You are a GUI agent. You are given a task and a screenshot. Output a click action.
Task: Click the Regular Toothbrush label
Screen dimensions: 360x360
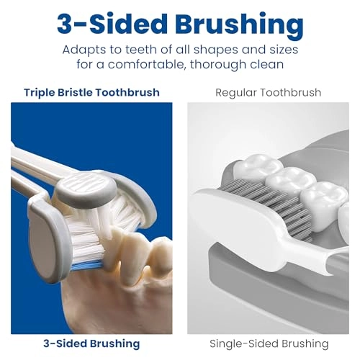coord(268,92)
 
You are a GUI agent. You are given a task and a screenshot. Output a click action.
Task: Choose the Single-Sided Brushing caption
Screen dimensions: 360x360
coord(269,343)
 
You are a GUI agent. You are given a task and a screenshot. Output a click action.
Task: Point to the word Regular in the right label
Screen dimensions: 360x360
coord(238,92)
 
